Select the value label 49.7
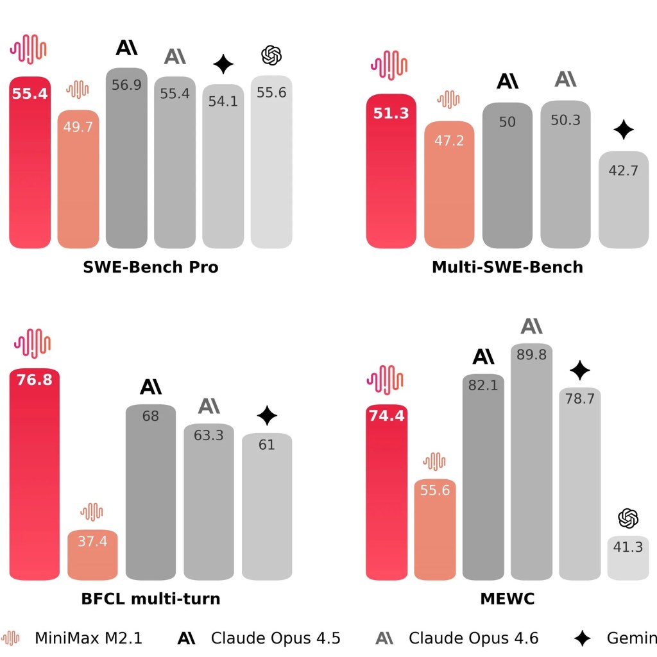point(78,127)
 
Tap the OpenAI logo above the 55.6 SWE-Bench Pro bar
point(271,56)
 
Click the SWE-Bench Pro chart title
point(151,267)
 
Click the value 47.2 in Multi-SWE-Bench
point(449,141)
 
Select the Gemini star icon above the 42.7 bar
point(623,130)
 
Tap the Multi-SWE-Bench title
point(507,267)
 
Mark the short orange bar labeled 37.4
point(92,556)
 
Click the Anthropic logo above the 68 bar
point(151,387)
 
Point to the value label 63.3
point(209,436)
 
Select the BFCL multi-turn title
point(151,599)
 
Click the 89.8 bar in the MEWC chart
point(531,462)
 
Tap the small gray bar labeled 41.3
point(628,558)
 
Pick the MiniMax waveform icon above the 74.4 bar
point(384,379)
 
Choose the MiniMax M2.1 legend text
point(89,638)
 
